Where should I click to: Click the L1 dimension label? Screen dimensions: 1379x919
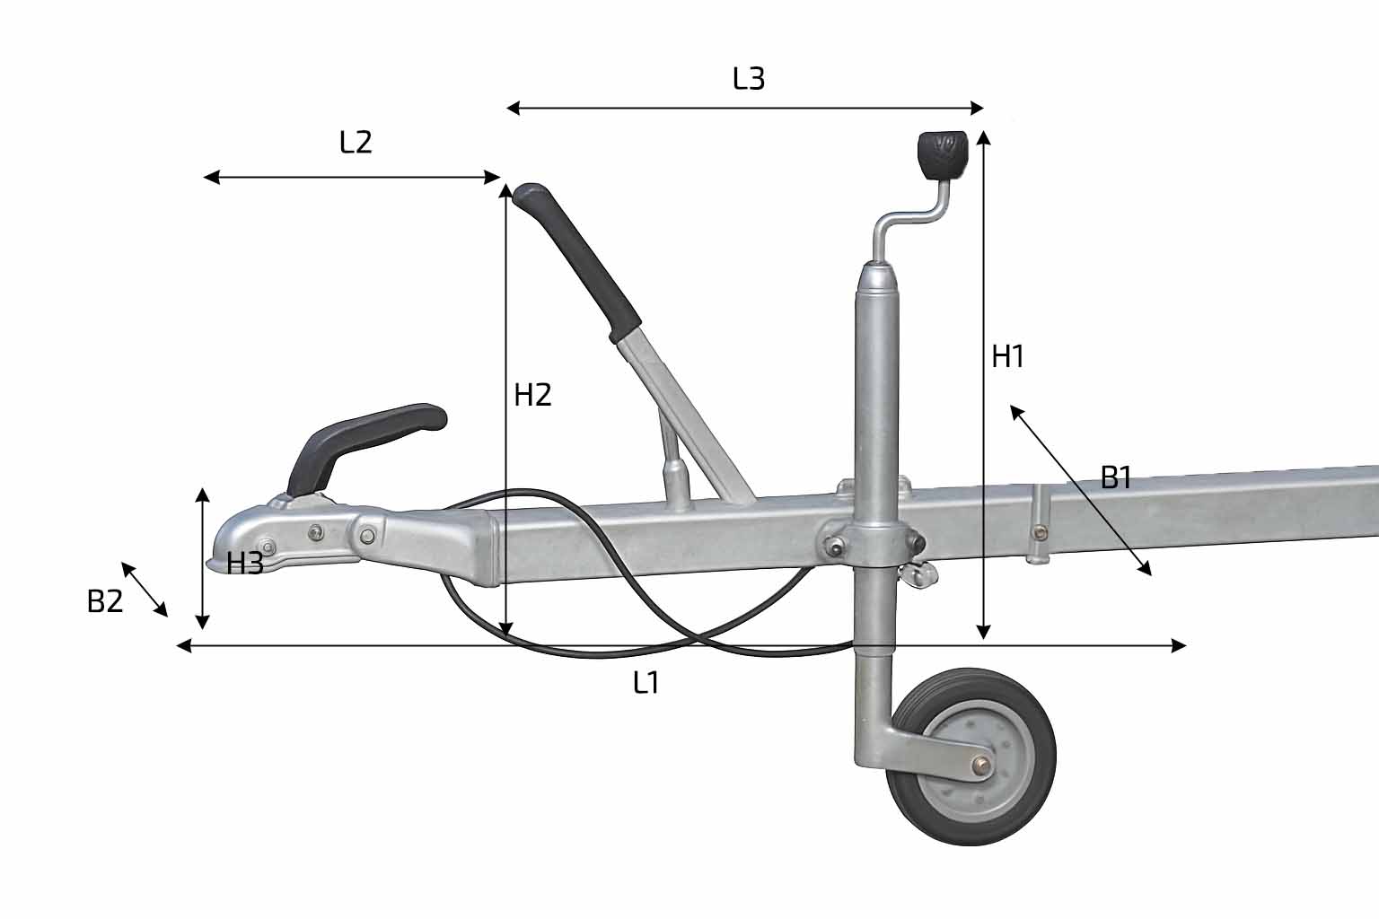pos(646,683)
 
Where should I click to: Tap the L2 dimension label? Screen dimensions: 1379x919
pos(356,142)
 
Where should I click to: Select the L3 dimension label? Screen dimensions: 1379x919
pos(749,79)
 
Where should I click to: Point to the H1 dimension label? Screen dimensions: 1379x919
pos(1008,356)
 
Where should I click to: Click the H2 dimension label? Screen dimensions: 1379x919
pos(532,395)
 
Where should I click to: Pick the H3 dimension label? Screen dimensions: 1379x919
pos(245,564)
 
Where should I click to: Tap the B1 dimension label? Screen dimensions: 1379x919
pos(1116,477)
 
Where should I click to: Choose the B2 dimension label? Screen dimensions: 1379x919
pos(105,601)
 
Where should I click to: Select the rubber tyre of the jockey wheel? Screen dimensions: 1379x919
pos(971,757)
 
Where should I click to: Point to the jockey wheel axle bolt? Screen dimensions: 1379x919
pos(980,766)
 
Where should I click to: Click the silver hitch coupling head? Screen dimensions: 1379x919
pos(289,537)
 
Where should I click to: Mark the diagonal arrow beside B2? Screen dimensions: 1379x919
pos(144,589)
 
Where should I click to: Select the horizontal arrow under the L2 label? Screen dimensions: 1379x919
pos(352,178)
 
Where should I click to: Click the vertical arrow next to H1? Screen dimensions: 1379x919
pos(983,385)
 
